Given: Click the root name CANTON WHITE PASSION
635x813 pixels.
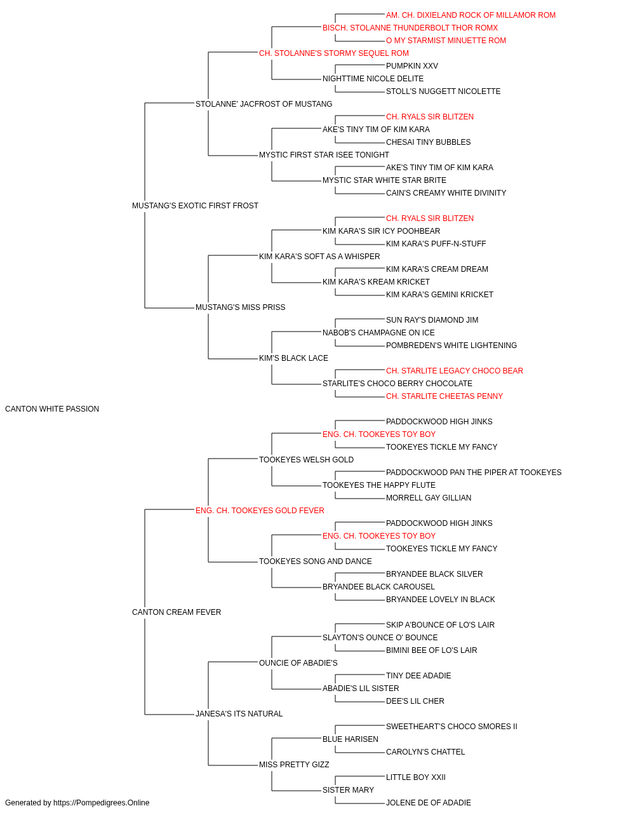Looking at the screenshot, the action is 52,409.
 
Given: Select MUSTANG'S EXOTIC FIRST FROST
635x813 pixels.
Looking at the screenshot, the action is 195,206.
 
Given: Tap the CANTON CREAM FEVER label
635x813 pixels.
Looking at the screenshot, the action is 177,612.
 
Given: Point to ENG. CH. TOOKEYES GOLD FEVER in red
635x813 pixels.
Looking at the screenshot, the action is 260,511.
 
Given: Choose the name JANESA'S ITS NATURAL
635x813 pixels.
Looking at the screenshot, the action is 239,714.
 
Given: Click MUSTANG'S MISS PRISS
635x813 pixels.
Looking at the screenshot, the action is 241,307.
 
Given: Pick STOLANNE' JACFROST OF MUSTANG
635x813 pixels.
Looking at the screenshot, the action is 264,104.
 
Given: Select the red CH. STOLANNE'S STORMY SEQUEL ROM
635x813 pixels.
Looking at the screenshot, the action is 334,53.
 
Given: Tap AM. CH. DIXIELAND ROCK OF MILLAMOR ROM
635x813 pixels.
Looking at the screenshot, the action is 471,15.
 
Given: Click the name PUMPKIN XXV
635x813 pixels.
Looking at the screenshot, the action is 412,66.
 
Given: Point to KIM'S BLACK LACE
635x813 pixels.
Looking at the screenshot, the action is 293,358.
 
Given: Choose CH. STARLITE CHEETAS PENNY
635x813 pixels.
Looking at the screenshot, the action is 444,396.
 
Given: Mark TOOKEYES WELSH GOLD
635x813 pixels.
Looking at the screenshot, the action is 306,460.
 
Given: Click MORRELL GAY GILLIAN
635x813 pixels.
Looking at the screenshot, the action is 429,498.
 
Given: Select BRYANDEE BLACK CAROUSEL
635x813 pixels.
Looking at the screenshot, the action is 379,587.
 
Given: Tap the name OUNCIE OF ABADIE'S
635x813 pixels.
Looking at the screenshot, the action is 298,663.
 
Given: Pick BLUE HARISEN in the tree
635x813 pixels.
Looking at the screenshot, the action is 351,739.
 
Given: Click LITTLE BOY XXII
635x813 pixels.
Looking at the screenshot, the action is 416,777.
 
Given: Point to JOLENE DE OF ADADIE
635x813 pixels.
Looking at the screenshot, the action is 429,803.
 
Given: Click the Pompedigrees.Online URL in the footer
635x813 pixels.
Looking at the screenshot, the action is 102,803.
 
